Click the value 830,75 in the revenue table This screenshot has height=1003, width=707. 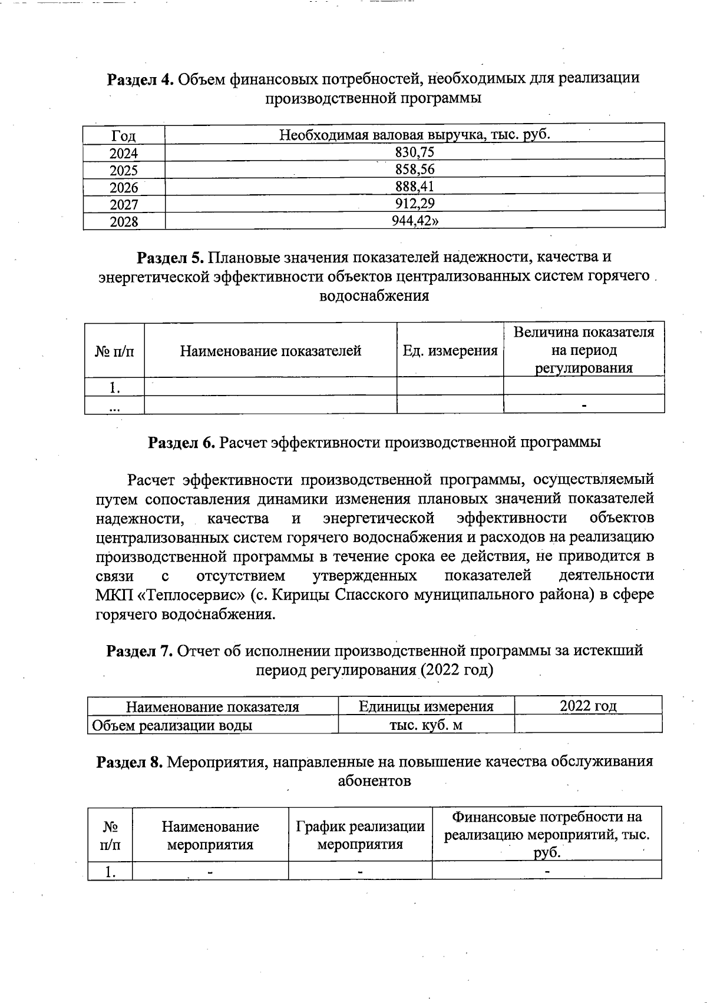point(414,152)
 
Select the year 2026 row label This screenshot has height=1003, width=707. point(124,188)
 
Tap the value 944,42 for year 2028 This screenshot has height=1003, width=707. point(415,221)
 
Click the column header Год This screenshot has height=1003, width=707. point(124,136)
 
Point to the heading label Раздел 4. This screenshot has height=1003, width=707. point(140,79)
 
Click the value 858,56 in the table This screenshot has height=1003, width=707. point(414,170)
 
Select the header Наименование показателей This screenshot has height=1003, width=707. point(270,351)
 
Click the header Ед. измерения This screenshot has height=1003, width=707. point(450,351)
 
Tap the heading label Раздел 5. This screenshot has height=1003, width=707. point(170,258)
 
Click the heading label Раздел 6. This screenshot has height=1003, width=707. point(181,443)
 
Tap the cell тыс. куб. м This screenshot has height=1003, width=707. point(426,725)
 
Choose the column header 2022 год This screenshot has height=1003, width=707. point(587,706)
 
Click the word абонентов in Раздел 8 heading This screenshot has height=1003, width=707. point(374,781)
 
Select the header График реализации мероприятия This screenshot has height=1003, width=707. point(360,835)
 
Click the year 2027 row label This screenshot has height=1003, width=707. point(124,205)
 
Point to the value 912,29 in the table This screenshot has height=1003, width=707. point(414,204)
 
